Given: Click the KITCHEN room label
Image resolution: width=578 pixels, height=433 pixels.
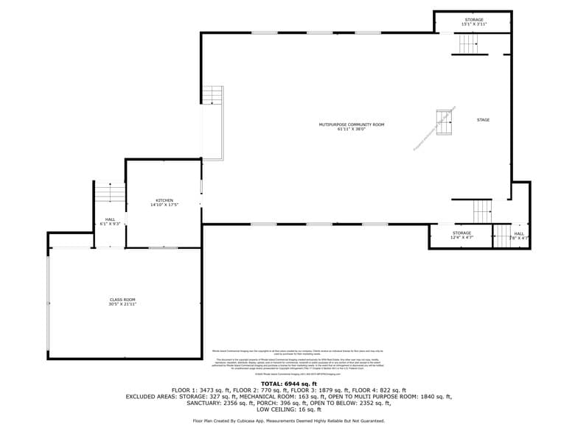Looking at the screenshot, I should [x=164, y=200].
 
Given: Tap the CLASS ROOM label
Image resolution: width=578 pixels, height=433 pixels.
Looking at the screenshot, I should [x=123, y=300].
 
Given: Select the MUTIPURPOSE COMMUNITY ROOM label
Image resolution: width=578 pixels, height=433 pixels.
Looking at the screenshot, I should [x=351, y=124].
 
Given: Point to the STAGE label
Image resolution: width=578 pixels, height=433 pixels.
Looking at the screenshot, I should [x=483, y=120].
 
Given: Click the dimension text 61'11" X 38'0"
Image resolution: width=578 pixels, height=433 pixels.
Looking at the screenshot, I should [x=351, y=130].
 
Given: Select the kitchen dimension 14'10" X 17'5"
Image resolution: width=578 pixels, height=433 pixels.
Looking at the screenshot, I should [x=164, y=205].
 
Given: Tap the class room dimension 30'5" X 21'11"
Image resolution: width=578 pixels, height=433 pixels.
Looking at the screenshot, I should [x=123, y=304].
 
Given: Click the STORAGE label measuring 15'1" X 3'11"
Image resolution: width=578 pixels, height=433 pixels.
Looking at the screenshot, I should [x=474, y=20].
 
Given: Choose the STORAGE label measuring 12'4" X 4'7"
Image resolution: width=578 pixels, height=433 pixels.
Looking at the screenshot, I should [x=462, y=233].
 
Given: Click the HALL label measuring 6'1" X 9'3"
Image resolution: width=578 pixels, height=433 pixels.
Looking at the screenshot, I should [x=110, y=219].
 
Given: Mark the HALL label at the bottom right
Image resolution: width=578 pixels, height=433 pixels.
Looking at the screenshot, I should [x=519, y=233].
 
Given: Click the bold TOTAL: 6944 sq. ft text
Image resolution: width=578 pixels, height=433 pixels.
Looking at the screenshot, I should [x=288, y=384].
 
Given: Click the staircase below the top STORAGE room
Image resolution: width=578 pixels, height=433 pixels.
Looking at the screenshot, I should [x=470, y=44].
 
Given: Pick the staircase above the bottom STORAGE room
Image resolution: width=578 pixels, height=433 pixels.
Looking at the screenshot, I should [x=482, y=211].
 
